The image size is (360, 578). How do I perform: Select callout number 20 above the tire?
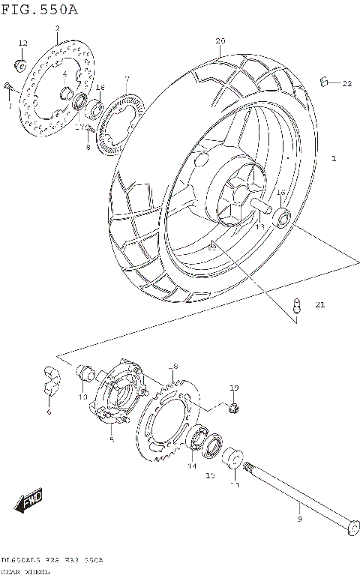click(220, 40)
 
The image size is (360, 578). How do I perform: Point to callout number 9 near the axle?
click(299, 519)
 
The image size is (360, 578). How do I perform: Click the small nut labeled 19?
click(233, 408)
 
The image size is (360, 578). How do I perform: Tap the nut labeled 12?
click(22, 60)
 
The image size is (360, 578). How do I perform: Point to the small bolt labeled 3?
click(8, 88)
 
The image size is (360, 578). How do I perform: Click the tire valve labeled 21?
click(297, 306)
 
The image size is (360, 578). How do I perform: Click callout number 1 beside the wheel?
click(333, 159)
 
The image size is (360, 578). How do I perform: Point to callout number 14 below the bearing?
click(191, 466)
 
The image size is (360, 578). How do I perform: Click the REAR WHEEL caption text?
click(25, 572)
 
